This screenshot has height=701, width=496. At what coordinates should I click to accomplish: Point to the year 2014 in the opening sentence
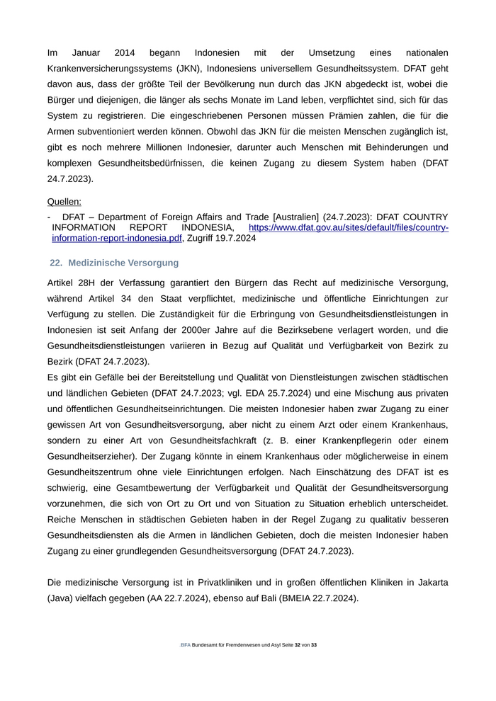click(x=127, y=53)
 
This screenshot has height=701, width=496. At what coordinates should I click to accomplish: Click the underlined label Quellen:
click(x=64, y=202)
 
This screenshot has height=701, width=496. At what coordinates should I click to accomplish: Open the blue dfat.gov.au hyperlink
click(x=348, y=227)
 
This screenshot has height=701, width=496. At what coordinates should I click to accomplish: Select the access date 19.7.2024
click(x=211, y=239)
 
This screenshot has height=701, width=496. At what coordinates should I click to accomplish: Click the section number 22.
click(x=56, y=263)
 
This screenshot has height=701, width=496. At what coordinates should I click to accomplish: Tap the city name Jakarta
click(x=430, y=582)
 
